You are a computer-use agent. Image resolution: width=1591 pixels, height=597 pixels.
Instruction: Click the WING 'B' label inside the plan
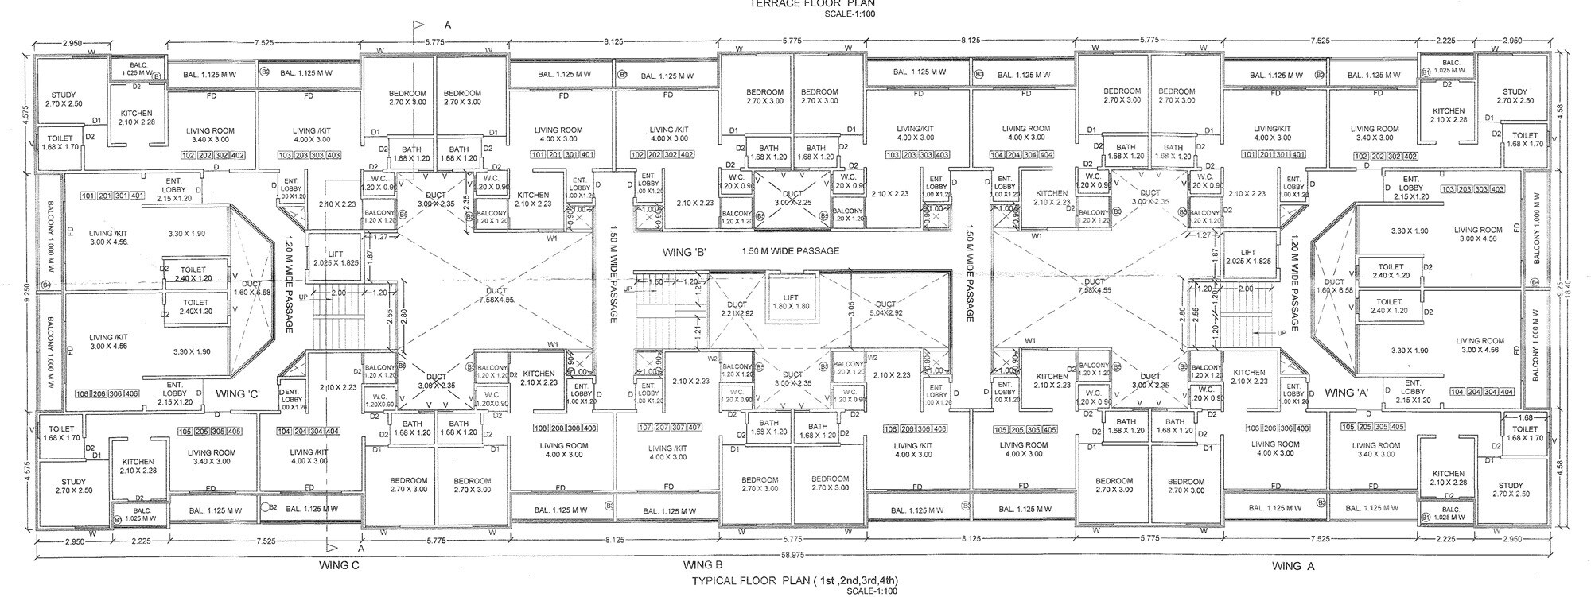point(685,252)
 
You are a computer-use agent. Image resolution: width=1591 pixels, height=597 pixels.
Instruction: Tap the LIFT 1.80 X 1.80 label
point(792,301)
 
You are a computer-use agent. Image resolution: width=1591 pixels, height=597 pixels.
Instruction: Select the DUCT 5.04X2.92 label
point(885,308)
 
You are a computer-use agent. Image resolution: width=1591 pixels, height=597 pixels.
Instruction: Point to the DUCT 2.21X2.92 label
point(737,308)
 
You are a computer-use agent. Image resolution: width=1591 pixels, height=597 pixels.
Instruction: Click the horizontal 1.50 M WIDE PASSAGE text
point(790,251)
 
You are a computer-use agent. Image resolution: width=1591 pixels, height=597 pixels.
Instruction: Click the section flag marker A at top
point(419,26)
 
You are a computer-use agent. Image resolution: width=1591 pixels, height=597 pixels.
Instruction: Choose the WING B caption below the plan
point(702,565)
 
